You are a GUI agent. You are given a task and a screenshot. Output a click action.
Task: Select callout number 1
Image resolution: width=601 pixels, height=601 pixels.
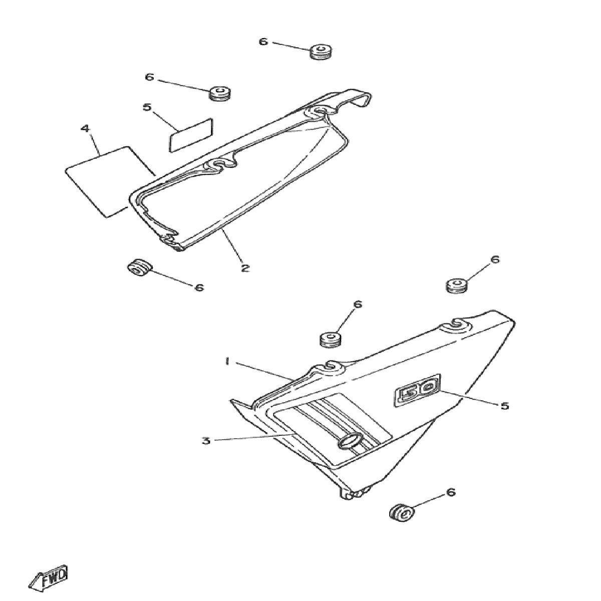[x=227, y=362]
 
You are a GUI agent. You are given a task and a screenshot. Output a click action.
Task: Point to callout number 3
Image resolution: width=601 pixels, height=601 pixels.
[x=205, y=441]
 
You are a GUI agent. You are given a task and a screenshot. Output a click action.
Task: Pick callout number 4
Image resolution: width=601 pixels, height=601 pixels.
[x=85, y=129]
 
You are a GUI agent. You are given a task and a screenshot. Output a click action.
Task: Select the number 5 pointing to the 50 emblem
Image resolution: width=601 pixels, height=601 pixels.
[x=505, y=406]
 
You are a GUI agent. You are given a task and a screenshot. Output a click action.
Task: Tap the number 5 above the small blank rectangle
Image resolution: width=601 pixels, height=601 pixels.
[x=147, y=107]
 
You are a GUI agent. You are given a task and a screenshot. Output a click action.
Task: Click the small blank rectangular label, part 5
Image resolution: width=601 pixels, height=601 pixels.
[x=191, y=135]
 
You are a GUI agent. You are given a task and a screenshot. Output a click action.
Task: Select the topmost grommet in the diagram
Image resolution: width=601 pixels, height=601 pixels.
[x=321, y=51]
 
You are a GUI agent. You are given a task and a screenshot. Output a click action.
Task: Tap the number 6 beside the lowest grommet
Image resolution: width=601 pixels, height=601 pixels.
[x=451, y=492]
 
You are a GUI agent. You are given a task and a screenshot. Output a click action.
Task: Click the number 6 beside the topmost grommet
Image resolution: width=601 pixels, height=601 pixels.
[x=263, y=42]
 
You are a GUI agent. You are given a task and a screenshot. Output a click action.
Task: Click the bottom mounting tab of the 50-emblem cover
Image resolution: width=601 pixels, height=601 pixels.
[x=355, y=492]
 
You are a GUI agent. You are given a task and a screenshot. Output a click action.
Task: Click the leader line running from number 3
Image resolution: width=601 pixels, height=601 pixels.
[x=255, y=437]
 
